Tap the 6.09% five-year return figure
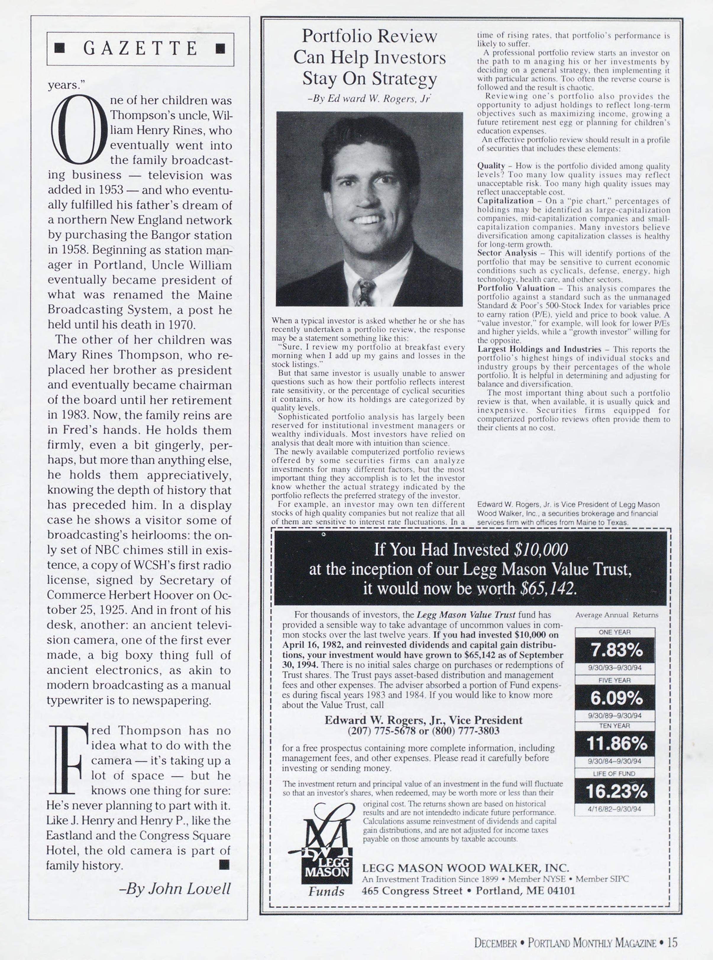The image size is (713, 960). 615,698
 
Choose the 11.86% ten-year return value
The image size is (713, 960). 615,743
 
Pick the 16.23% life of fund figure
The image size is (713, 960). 615,791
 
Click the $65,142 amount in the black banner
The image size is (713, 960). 548,589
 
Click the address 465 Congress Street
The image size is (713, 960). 412,891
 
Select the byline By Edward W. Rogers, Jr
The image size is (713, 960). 369,98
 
